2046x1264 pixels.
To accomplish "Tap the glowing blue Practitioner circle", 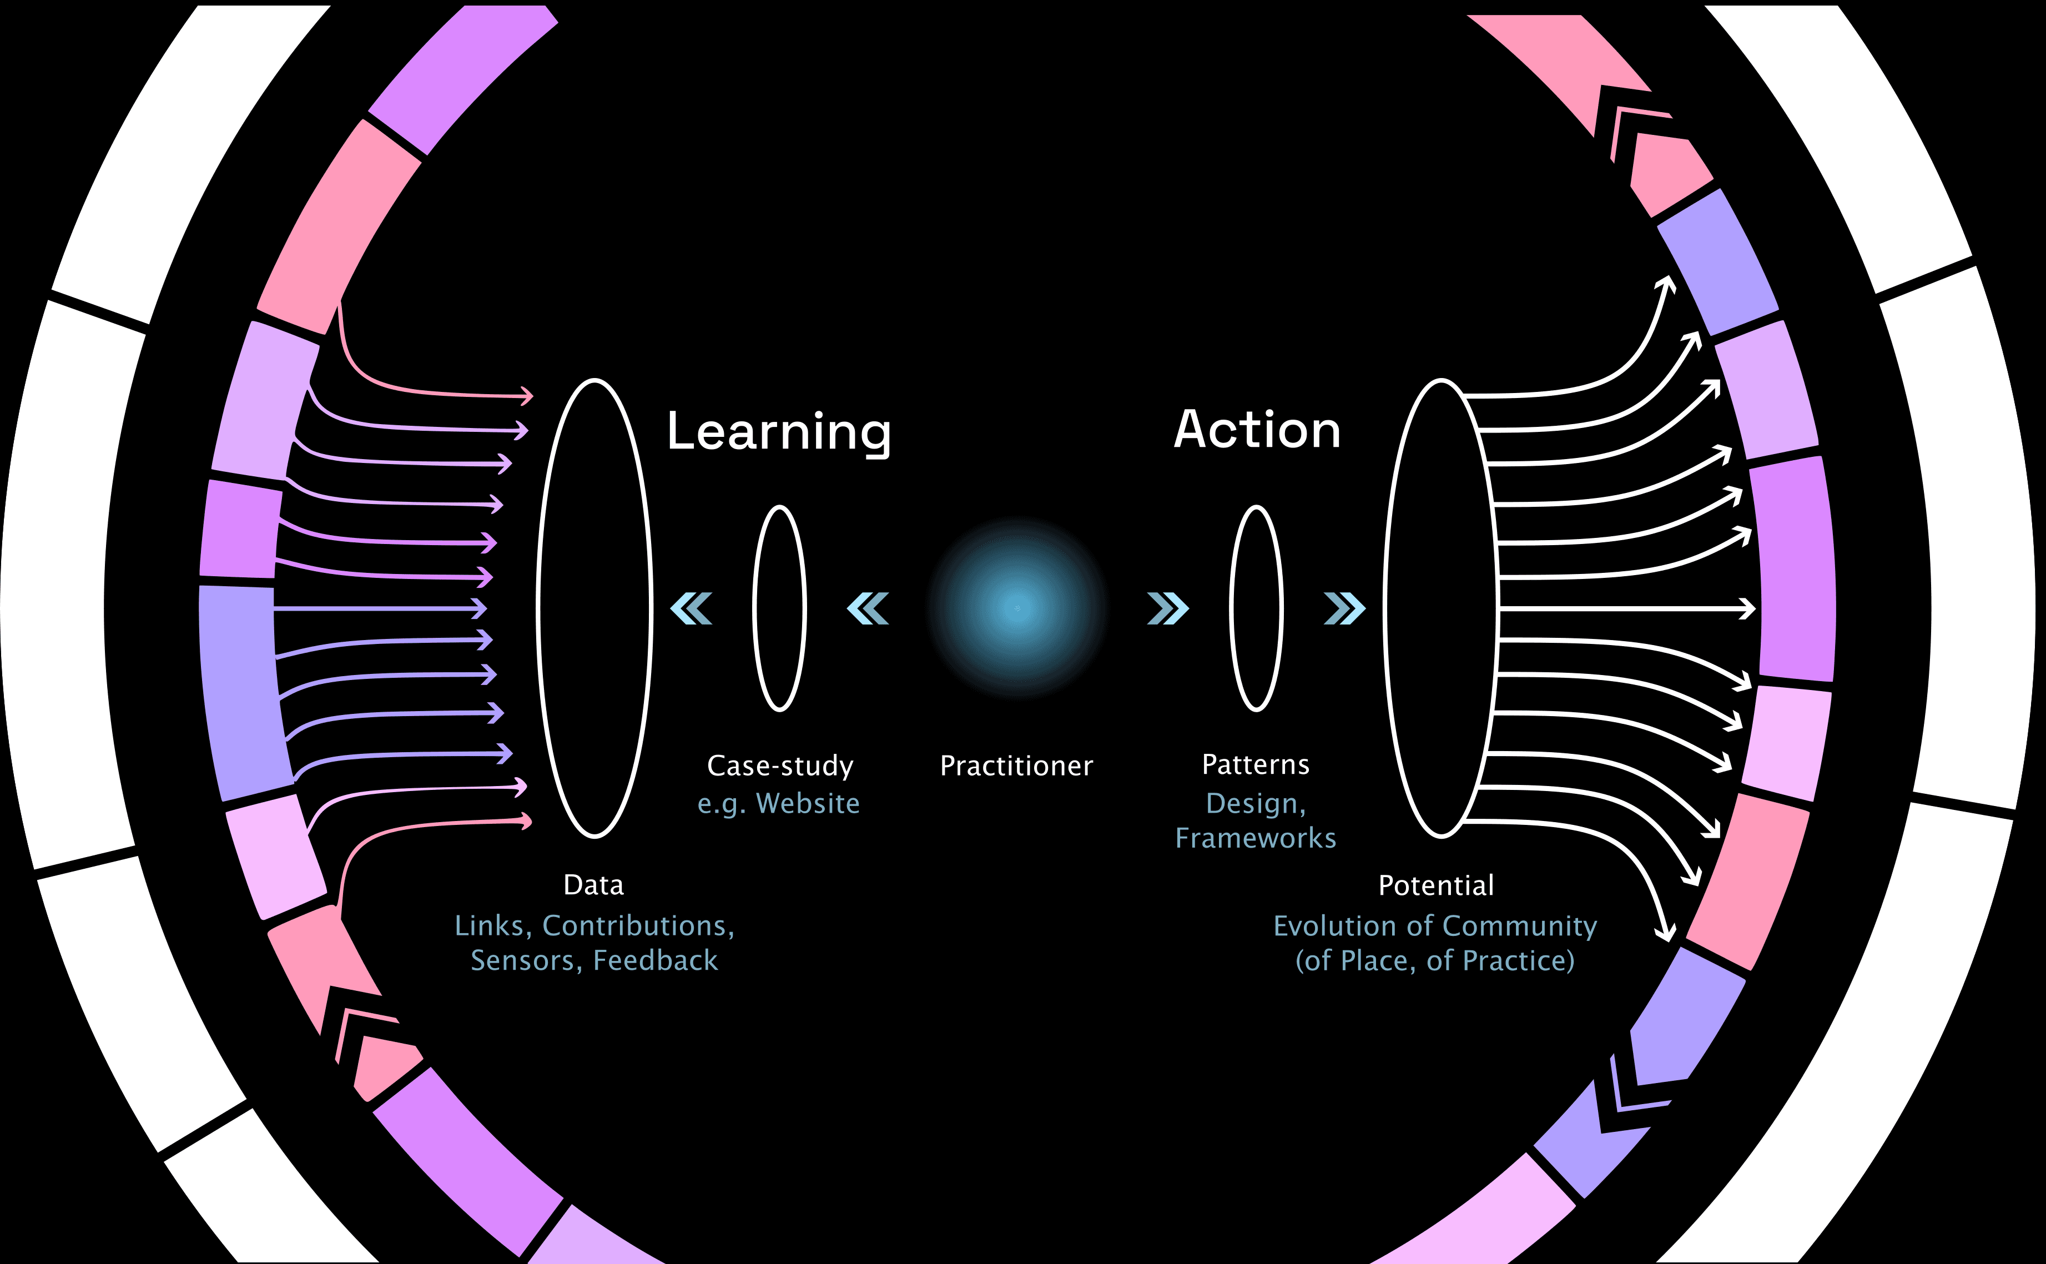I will click(1017, 608).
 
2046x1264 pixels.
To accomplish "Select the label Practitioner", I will click(1016, 766).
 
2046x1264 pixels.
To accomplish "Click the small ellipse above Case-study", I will click(779, 608).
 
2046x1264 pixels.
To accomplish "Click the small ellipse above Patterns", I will click(1256, 608).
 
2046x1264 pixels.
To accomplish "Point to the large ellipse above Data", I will click(594, 608).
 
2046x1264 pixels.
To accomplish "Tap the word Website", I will click(808, 803).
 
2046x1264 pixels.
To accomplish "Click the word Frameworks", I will click(1256, 838).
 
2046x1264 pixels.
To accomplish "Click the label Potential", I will click(1436, 885).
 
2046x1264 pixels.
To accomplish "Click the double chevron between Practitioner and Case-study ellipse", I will click(868, 608).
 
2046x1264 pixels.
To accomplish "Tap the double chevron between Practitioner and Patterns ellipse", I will click(1167, 608).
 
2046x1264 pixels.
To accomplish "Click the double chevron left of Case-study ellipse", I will click(691, 608).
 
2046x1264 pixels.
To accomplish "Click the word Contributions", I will click(638, 925).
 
